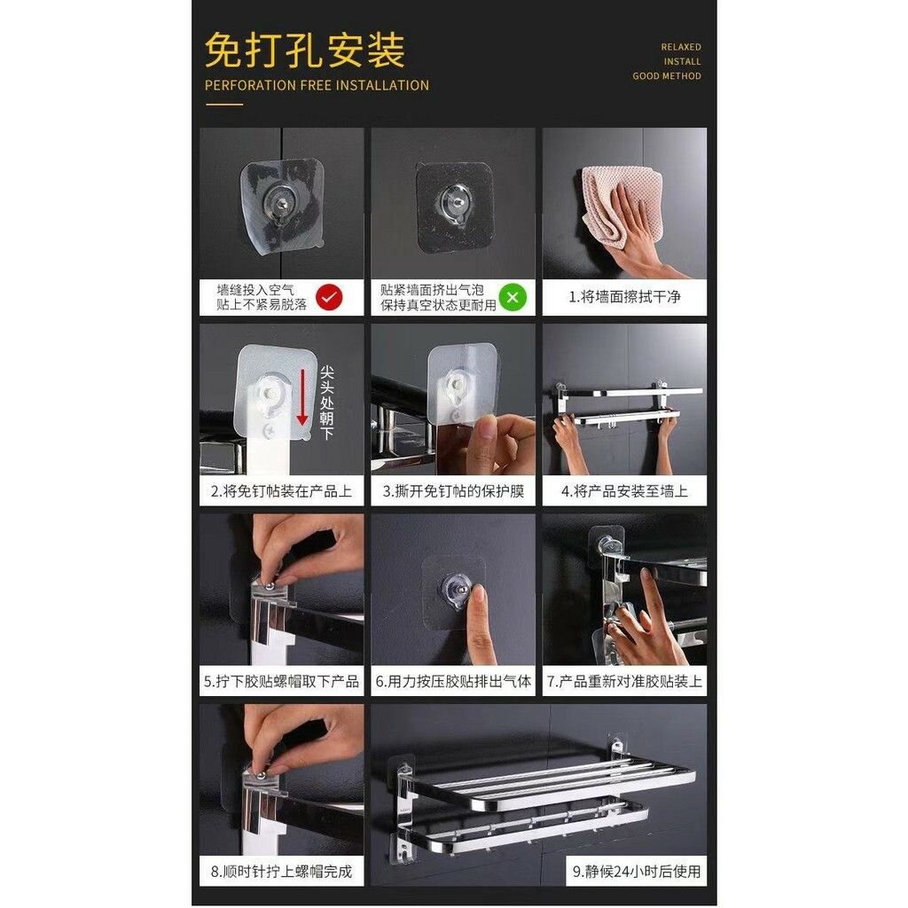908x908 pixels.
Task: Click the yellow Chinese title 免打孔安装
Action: coord(305,51)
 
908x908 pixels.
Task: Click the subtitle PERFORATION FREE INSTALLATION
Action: coord(317,86)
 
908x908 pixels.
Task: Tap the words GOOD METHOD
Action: coord(667,76)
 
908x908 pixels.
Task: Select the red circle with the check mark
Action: coord(329,297)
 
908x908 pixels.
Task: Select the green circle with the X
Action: coord(513,297)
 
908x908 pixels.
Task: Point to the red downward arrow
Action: coord(301,397)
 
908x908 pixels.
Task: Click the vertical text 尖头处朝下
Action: coord(327,403)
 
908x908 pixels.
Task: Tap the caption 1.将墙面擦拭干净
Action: coord(624,297)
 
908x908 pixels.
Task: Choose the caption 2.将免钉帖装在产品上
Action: coord(281,491)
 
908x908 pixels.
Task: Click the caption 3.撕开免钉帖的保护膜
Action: coord(453,491)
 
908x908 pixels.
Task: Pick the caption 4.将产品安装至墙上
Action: coord(624,491)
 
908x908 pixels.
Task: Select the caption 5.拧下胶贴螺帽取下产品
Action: coord(281,682)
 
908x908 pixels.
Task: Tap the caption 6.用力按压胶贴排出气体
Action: coord(453,682)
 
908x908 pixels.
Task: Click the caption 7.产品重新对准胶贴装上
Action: coord(624,682)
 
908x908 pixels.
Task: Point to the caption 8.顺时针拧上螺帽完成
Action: coord(281,872)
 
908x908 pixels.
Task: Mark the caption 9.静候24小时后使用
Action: coord(637,872)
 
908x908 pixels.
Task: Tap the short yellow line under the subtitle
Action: coord(224,105)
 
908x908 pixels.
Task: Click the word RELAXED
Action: coord(681,47)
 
